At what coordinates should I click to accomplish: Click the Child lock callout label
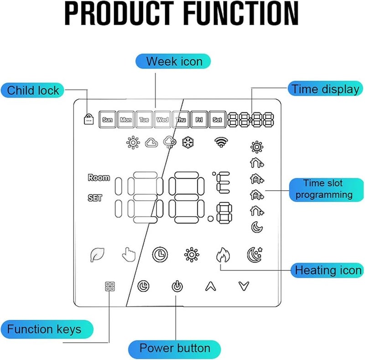(x=33, y=90)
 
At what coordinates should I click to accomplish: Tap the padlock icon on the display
(x=88, y=119)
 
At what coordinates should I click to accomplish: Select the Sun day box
(x=107, y=120)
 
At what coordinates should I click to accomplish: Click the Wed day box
(x=162, y=120)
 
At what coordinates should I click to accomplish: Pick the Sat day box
(x=218, y=120)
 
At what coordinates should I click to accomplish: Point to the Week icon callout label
(x=174, y=61)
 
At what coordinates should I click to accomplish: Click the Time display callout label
(x=325, y=89)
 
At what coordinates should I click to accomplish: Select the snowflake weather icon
(x=187, y=143)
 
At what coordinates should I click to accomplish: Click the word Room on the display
(x=99, y=178)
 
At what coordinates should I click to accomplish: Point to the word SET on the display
(x=95, y=198)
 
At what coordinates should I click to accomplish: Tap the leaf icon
(x=97, y=254)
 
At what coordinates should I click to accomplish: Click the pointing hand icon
(x=128, y=254)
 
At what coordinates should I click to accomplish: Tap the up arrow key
(x=210, y=286)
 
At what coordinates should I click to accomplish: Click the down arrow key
(x=244, y=286)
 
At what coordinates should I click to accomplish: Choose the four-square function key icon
(x=110, y=286)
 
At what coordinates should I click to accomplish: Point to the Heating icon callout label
(x=328, y=270)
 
